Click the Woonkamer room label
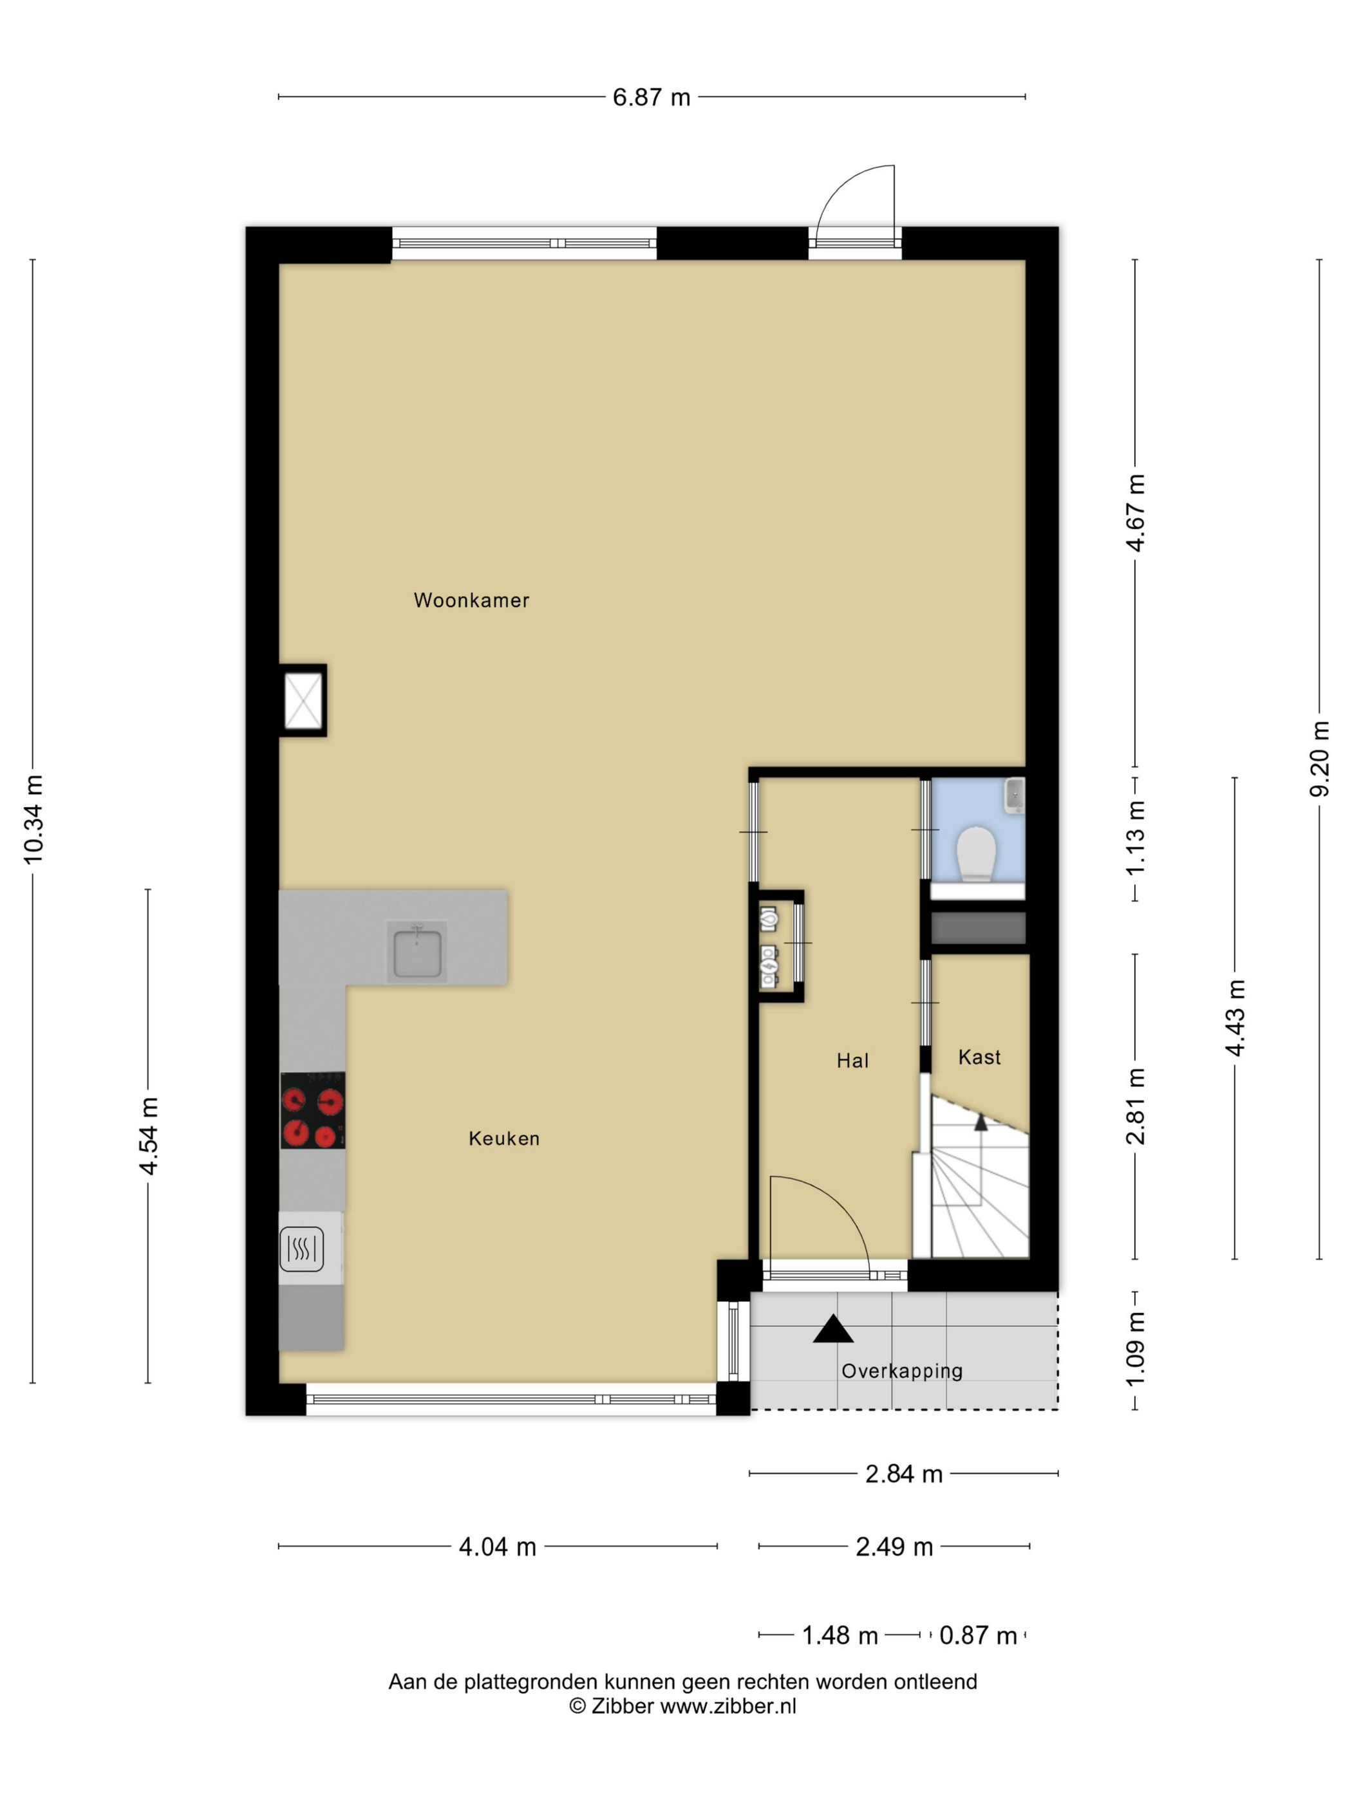pyautogui.click(x=471, y=600)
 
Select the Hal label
pyautogui.click(x=852, y=1060)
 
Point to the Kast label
pyautogui.click(x=979, y=1057)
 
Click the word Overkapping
pyautogui.click(x=902, y=1371)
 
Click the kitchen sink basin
pyautogui.click(x=417, y=954)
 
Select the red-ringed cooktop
pyautogui.click(x=312, y=1110)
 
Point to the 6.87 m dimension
pyautogui.click(x=651, y=98)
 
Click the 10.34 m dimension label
pyautogui.click(x=33, y=819)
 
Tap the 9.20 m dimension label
pyautogui.click(x=1319, y=758)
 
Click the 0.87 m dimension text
pyautogui.click(x=978, y=1635)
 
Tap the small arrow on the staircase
pyautogui.click(x=981, y=1122)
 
